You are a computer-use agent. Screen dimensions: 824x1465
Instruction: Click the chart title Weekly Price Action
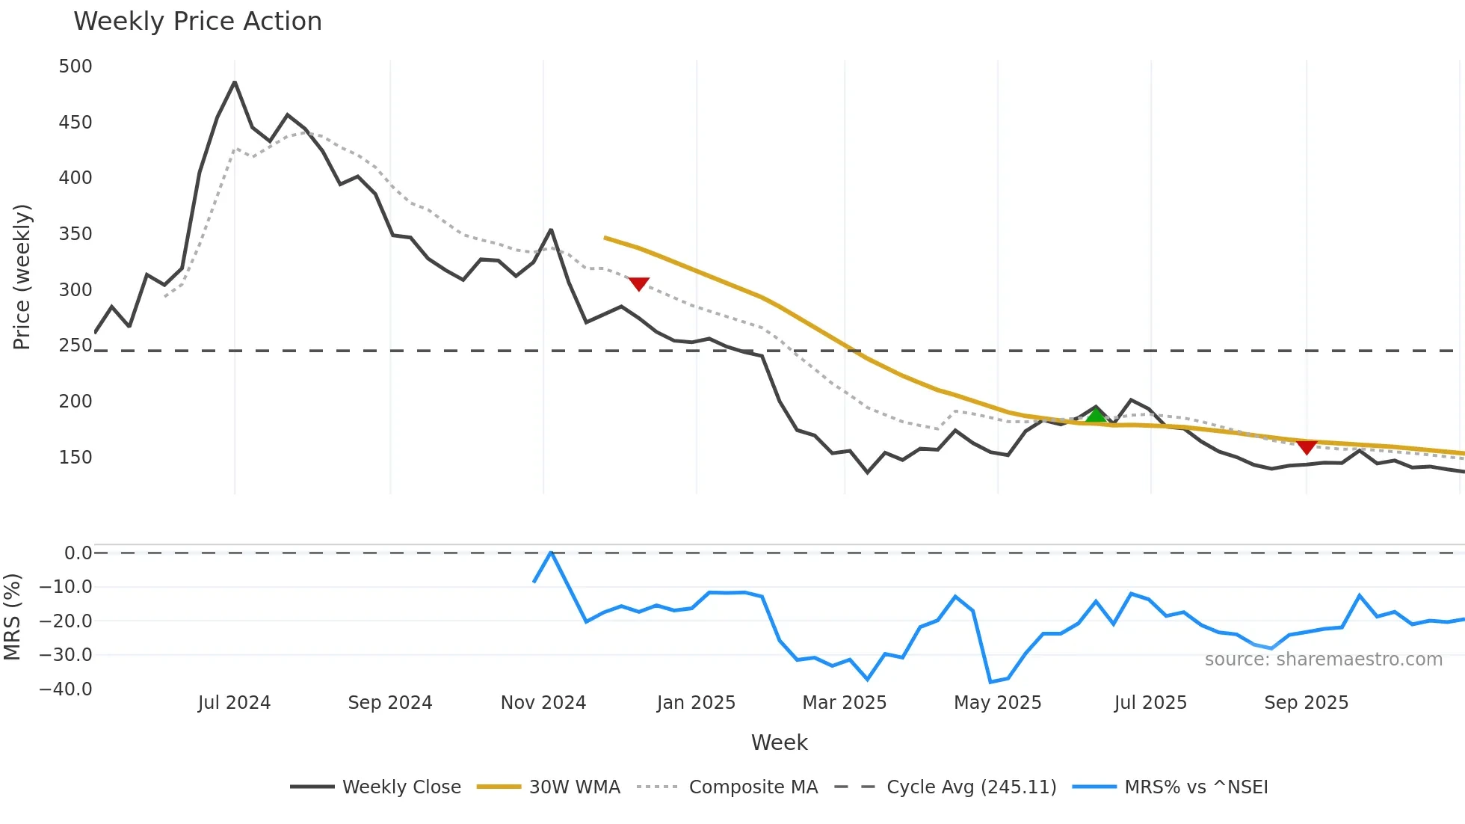click(197, 22)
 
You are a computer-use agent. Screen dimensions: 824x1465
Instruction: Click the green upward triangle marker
click(1096, 415)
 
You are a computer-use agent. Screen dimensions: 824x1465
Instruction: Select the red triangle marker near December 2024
click(638, 283)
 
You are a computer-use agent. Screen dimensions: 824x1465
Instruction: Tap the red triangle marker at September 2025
click(1307, 447)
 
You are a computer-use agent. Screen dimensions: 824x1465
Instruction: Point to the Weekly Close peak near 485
click(235, 82)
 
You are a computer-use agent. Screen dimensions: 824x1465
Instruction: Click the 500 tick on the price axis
click(75, 67)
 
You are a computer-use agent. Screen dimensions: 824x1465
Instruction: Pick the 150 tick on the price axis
click(75, 457)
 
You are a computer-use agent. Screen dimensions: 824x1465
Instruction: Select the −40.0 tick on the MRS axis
click(66, 689)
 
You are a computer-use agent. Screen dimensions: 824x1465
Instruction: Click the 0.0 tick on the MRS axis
click(78, 553)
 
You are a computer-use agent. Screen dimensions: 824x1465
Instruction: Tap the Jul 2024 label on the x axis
click(234, 703)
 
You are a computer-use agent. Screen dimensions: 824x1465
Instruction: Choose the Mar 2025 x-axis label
click(844, 703)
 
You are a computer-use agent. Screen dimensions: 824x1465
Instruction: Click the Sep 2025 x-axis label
click(1306, 703)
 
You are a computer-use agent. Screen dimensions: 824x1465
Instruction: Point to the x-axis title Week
click(779, 742)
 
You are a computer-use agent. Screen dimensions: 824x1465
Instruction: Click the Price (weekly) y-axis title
click(22, 277)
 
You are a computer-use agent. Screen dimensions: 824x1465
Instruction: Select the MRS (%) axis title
click(12, 617)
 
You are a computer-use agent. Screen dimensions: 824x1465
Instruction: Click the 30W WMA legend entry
click(574, 787)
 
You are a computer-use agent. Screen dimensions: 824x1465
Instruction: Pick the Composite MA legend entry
click(753, 787)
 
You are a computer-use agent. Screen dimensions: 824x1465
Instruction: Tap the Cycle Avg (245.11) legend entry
click(971, 787)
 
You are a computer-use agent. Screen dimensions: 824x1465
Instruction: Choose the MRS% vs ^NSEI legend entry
click(1196, 787)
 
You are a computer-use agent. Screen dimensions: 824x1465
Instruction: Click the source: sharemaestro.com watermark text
click(1323, 659)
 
